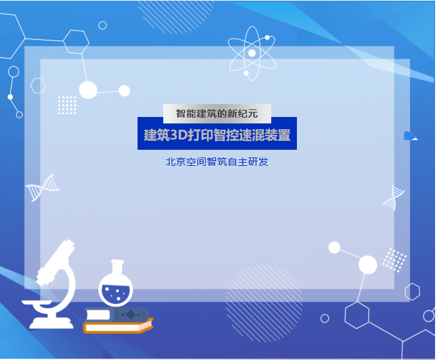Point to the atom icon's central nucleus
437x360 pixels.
click(x=252, y=53)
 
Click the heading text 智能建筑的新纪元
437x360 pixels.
click(x=217, y=114)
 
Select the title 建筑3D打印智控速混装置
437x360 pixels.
click(x=217, y=135)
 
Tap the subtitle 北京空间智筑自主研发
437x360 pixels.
click(x=217, y=162)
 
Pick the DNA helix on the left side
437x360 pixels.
click(x=42, y=187)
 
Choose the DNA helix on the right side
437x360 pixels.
click(x=394, y=197)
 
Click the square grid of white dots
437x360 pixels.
click(x=67, y=105)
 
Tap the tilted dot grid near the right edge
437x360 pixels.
click(x=395, y=260)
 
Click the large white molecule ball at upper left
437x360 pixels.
click(x=88, y=90)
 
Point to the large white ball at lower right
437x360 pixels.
click(x=368, y=264)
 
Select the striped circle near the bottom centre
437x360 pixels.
click(x=263, y=303)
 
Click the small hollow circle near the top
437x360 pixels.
click(x=103, y=22)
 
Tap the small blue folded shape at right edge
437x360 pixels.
click(x=410, y=136)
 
